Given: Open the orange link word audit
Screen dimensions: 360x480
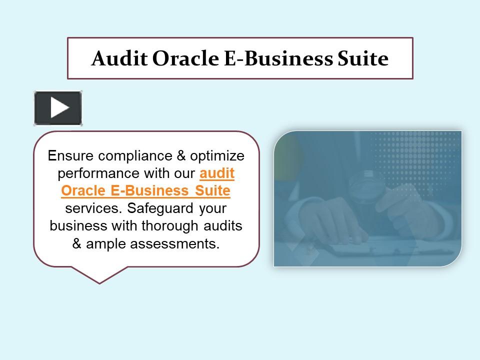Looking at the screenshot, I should click(217, 173).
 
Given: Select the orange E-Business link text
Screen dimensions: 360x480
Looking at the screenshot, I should click(150, 191).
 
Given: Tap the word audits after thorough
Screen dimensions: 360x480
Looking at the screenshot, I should click(223, 226).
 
